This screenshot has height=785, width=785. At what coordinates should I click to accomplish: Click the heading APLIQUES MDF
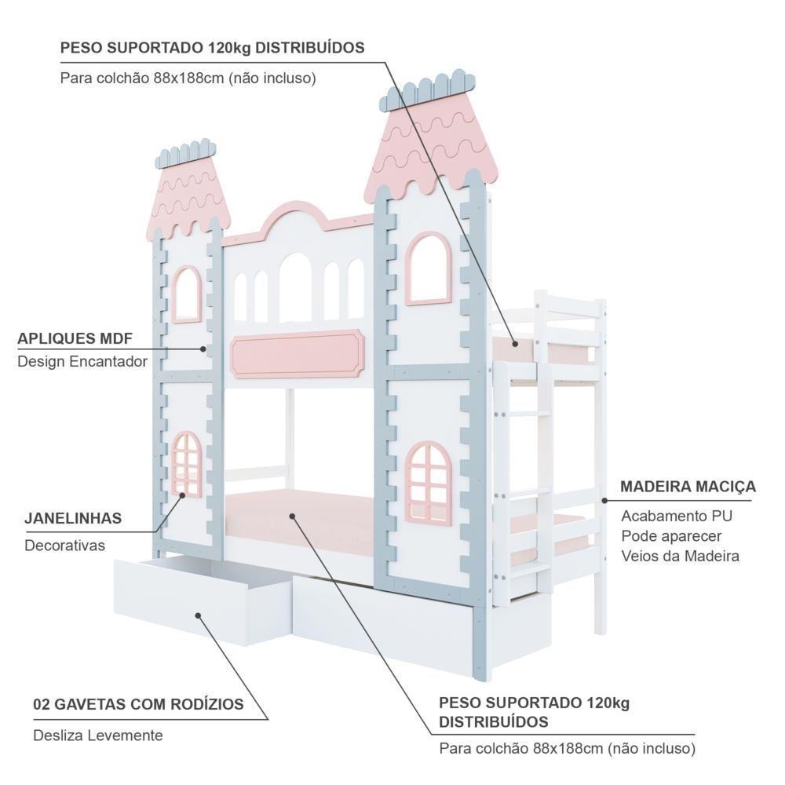pos(75,339)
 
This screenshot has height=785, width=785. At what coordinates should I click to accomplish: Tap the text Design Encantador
pos(82,361)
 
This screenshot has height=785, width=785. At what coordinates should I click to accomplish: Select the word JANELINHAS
pos(73,518)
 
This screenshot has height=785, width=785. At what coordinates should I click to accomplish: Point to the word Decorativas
pos(64,545)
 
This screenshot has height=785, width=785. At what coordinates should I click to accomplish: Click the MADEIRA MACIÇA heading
pos(688,487)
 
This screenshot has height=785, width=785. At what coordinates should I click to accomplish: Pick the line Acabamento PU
pos(677,516)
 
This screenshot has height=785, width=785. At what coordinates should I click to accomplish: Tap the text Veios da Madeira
pos(680,556)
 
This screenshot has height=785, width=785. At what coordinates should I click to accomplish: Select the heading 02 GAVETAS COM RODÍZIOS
pos(138,704)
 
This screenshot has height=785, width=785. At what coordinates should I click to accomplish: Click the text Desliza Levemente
pos(98,736)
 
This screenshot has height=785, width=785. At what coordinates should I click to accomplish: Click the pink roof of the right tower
pos(432,149)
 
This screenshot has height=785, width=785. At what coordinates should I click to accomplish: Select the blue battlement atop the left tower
pos(186,154)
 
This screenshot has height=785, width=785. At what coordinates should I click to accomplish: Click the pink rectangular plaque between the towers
pos(298,353)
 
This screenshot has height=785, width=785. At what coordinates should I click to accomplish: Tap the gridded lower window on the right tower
pos(428,480)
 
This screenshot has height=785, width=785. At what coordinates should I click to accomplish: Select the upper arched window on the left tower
pos(187,294)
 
